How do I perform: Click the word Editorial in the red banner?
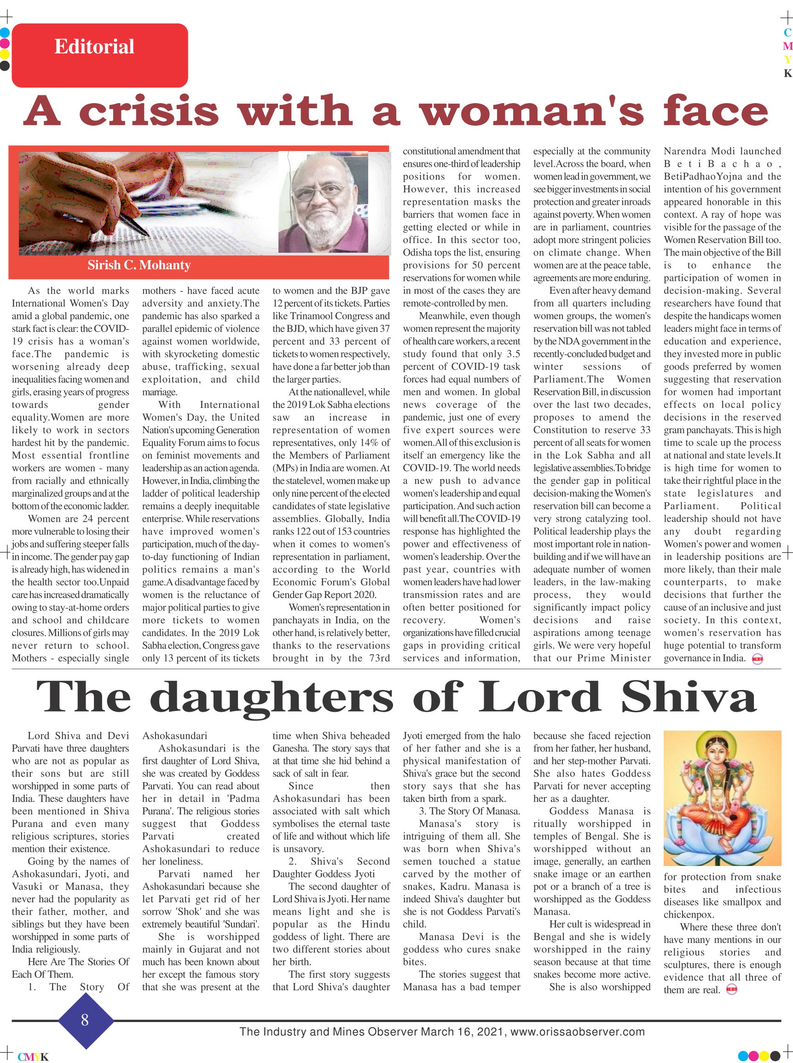coord(94,47)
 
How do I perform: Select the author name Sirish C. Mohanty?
coord(139,265)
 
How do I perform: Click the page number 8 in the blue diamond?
coord(85,1019)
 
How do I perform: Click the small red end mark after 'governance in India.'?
coord(758,659)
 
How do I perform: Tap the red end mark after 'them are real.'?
coord(731,986)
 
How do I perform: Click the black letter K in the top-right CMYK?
coord(787,74)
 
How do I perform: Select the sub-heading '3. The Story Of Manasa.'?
coord(469,811)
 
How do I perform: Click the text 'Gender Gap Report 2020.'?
coord(324,594)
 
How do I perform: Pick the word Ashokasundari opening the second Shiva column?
coord(175,736)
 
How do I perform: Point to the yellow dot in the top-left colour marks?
coord(5,53)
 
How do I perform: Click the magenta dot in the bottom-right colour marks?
coord(765,1056)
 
